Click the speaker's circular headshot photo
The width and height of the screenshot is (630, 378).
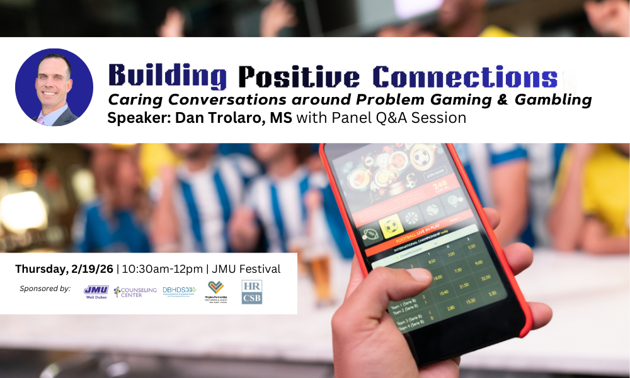(54, 87)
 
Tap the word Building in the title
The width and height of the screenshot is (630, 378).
(167, 76)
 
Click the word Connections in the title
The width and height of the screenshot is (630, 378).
(465, 76)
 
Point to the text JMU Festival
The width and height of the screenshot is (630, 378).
(246, 269)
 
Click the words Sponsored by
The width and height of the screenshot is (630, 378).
(45, 289)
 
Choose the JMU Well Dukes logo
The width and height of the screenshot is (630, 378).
(96, 292)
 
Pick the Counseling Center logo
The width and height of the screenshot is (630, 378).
(135, 292)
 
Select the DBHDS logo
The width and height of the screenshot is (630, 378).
(179, 291)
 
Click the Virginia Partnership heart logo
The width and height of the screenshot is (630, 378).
(216, 292)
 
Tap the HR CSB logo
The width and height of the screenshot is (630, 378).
(252, 292)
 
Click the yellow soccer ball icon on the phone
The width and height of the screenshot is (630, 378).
(388, 226)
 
